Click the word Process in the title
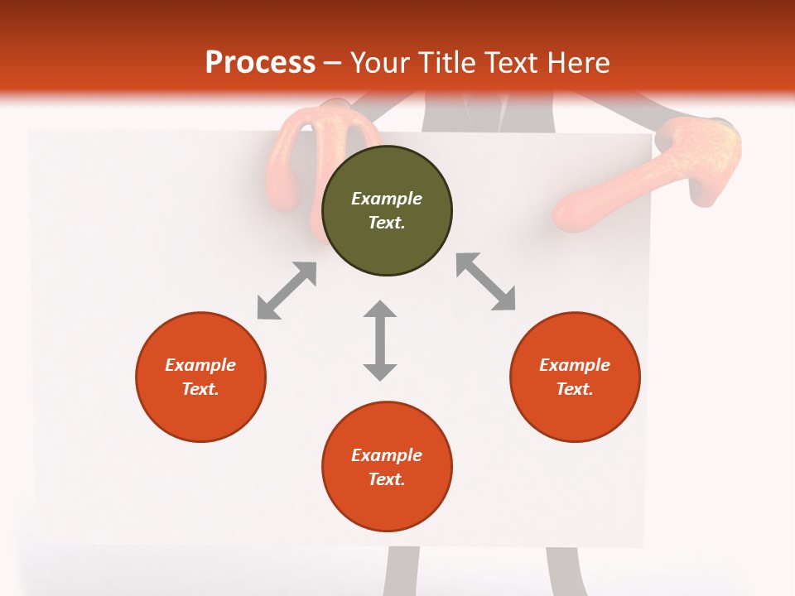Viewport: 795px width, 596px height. click(260, 63)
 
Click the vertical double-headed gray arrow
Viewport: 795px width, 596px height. click(380, 340)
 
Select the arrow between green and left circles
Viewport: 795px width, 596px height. click(287, 291)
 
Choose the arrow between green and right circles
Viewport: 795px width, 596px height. click(486, 281)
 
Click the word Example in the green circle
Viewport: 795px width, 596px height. click(387, 199)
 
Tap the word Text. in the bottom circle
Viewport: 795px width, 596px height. click(387, 479)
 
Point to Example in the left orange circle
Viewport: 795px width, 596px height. click(200, 365)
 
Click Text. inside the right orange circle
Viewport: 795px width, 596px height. click(575, 389)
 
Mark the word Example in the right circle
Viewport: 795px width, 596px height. click(575, 365)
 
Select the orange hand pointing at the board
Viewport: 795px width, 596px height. click(654, 174)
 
